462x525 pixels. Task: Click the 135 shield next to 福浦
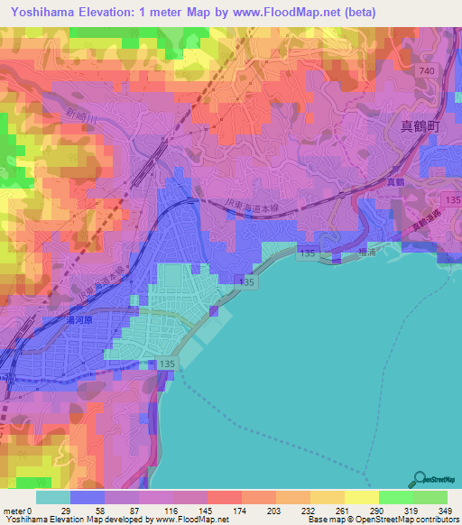[307, 255]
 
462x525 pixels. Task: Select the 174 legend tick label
[242, 510]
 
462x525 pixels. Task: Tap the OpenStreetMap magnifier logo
[420, 479]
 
